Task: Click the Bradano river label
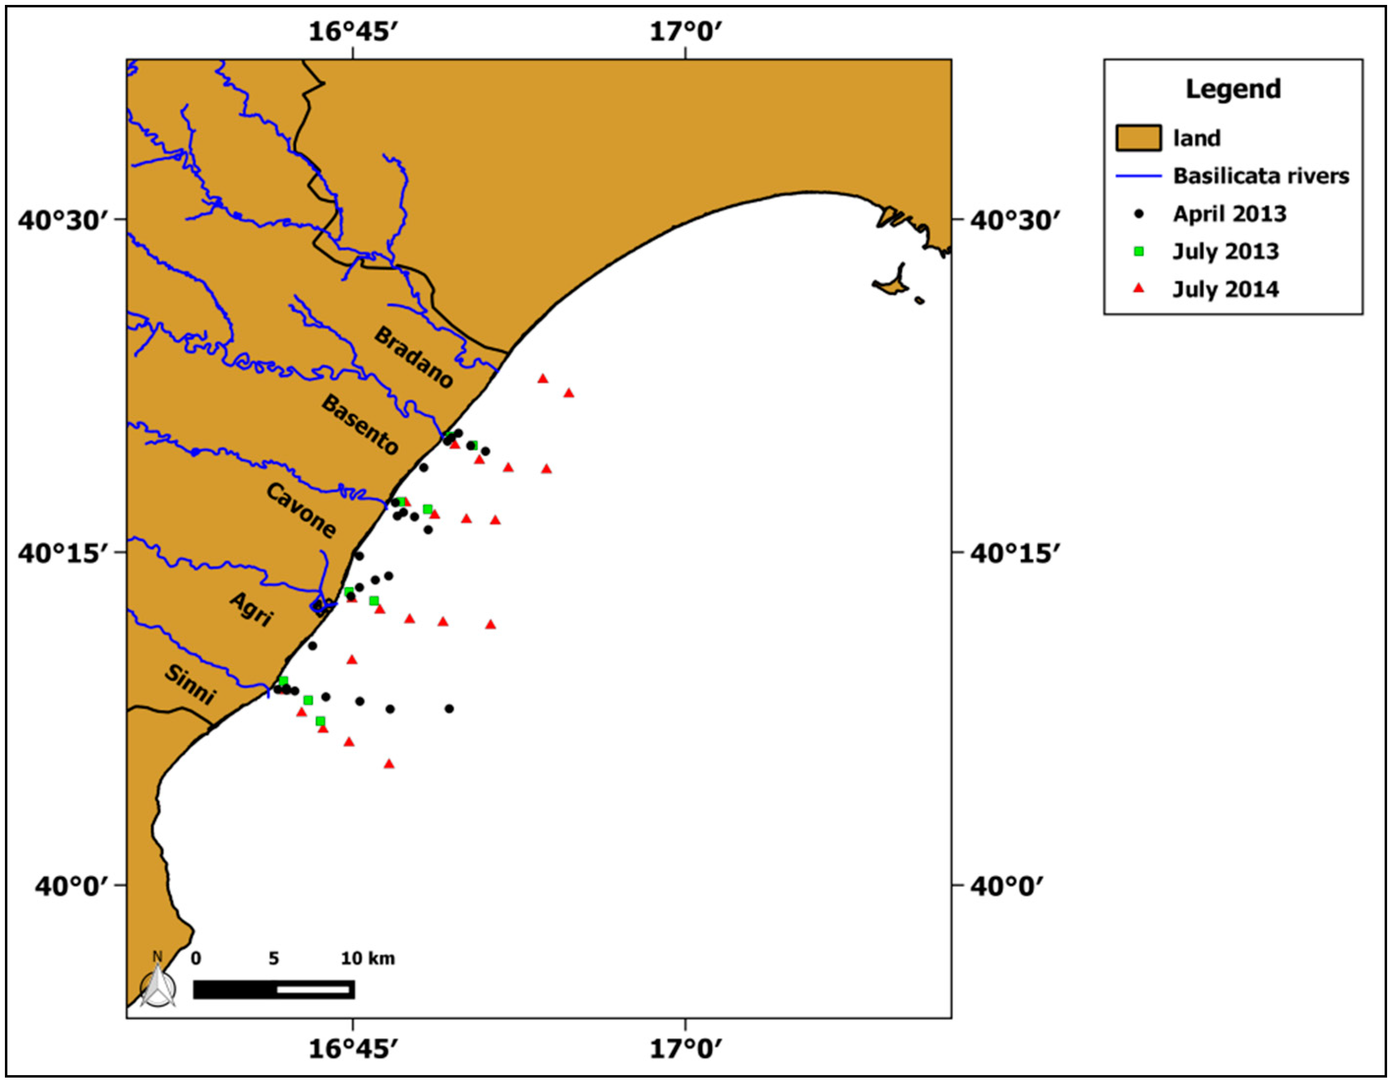[413, 358]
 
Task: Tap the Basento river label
[360, 424]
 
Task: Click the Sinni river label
[190, 684]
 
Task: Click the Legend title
[1233, 89]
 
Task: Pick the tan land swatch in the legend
[1138, 138]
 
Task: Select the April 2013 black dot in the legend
[1139, 214]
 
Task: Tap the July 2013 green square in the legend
[1139, 252]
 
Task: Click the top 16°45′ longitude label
[353, 30]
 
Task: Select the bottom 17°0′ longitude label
[686, 1049]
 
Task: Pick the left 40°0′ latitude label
[71, 885]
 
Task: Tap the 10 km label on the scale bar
[368, 959]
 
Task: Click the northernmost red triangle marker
[543, 379]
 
